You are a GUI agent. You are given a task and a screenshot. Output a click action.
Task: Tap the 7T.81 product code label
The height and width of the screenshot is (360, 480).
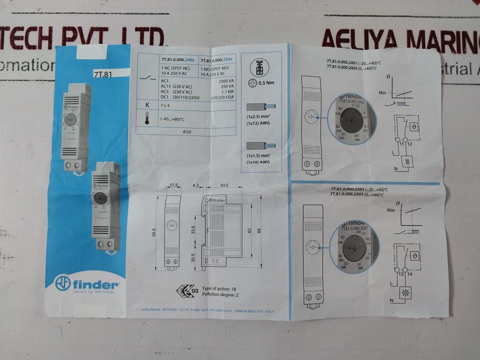[103, 74]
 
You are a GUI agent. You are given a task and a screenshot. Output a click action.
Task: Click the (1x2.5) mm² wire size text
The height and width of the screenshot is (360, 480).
[258, 116]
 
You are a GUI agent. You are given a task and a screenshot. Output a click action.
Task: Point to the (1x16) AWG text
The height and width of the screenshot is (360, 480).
[258, 162]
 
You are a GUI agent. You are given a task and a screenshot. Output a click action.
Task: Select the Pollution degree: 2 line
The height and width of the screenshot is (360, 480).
[220, 295]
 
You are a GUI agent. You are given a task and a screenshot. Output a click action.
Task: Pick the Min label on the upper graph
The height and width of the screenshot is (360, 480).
[382, 93]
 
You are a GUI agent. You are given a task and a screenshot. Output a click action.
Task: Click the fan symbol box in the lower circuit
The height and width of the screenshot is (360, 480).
[404, 292]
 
